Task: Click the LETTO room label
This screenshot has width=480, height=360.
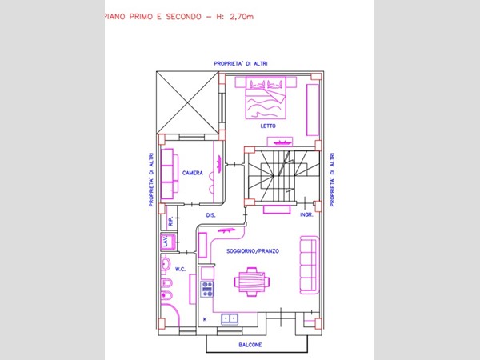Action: [268, 126]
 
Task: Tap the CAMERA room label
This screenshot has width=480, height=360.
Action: [192, 173]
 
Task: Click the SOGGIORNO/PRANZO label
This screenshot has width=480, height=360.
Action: [253, 251]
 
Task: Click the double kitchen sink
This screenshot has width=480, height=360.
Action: [231, 318]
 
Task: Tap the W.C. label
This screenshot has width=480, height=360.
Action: [180, 270]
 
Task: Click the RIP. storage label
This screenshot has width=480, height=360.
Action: [170, 220]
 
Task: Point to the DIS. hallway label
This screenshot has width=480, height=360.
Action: [211, 215]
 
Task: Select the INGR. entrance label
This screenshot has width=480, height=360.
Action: [306, 215]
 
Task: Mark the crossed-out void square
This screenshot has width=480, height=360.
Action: [186, 102]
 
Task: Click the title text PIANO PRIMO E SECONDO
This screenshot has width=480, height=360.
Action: [152, 15]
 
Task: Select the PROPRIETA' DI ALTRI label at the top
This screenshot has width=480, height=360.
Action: [240, 62]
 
